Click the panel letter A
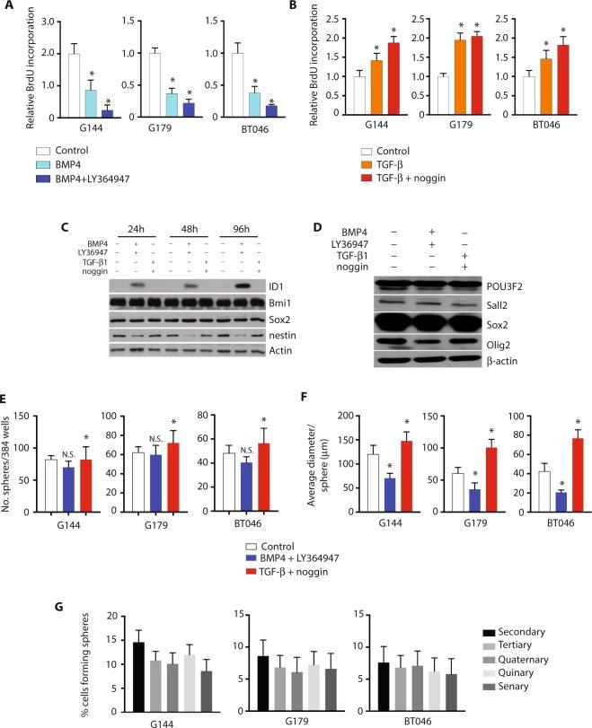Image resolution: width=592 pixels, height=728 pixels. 7,8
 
